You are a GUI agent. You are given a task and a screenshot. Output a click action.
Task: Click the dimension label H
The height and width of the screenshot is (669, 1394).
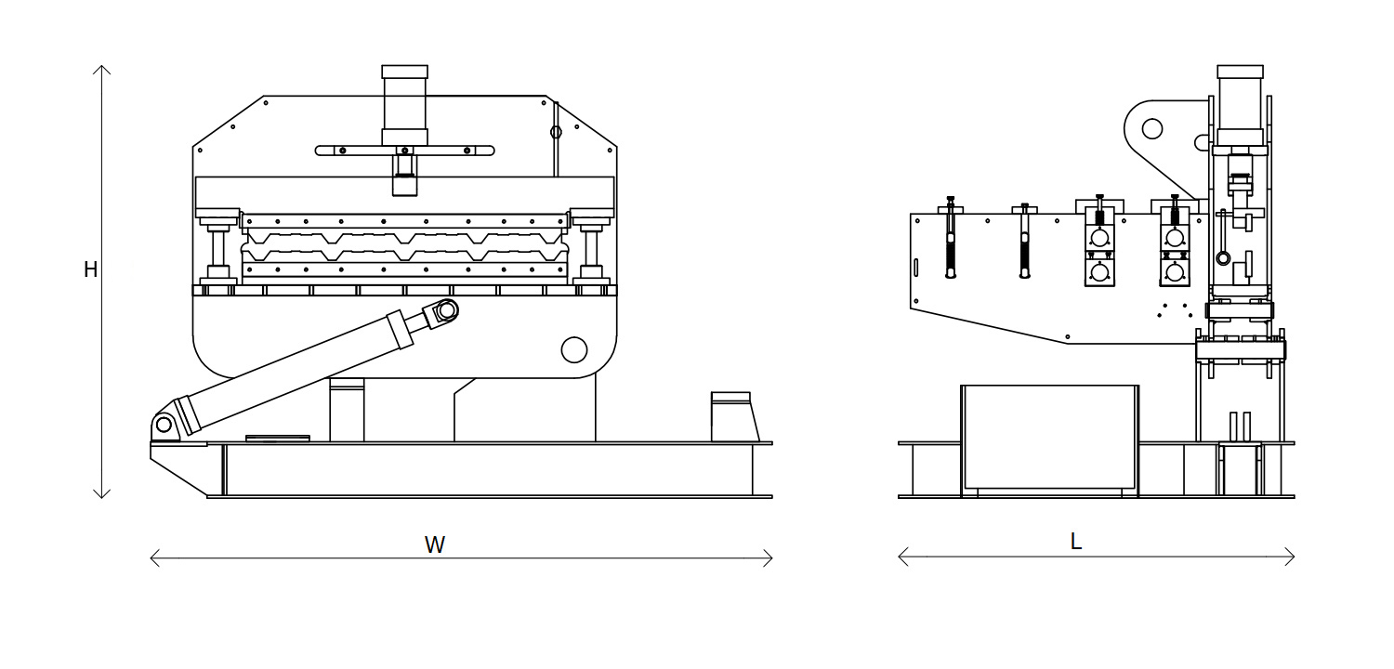[x=90, y=269]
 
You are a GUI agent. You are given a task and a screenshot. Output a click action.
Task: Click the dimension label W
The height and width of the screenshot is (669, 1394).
[x=435, y=545]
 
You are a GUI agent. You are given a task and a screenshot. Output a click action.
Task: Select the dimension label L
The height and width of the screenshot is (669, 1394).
[x=1076, y=542]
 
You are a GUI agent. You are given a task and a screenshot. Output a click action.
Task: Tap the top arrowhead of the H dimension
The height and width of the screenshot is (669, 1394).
[x=103, y=69]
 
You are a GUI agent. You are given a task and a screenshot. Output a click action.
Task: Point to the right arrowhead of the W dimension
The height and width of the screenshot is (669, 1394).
[x=769, y=557]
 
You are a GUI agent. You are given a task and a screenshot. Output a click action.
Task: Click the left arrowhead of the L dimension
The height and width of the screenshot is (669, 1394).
[x=902, y=557]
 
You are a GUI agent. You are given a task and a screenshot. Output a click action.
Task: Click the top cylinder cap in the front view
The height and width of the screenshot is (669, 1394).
[x=404, y=72]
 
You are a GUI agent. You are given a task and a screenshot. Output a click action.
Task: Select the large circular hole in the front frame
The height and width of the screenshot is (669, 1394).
[x=574, y=349]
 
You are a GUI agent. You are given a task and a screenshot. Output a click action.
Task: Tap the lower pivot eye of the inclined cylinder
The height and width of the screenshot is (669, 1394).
[x=164, y=425]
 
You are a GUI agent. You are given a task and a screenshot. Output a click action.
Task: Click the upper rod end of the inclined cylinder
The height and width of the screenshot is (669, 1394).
[x=445, y=310]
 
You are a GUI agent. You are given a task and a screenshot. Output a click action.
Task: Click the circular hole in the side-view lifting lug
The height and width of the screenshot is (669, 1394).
[x=1152, y=128]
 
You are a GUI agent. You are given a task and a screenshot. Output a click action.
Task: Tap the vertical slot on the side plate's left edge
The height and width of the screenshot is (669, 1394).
[x=915, y=268]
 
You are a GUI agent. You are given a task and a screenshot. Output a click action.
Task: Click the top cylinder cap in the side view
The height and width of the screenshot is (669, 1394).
[x=1240, y=72]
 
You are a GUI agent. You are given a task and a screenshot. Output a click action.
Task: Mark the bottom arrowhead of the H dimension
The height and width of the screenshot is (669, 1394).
[x=103, y=495]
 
